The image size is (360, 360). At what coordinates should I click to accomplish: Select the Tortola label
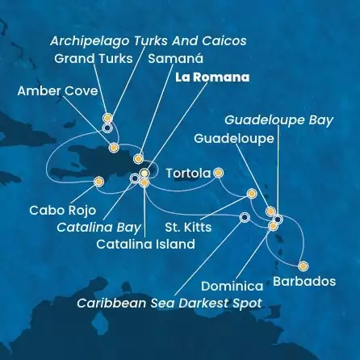[187, 173]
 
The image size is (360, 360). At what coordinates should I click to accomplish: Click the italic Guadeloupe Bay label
[278, 119]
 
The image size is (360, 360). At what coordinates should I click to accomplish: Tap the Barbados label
[304, 282]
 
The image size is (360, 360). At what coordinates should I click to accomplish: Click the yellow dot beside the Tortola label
[218, 172]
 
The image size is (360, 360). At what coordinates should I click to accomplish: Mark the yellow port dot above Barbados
[303, 266]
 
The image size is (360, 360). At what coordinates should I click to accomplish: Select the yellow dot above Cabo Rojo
[98, 182]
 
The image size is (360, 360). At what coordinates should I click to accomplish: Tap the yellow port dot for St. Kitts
[252, 194]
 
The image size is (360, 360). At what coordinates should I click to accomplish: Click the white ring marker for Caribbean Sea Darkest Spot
[245, 216]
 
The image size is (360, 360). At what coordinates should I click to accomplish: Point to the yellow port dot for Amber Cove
[114, 148]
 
